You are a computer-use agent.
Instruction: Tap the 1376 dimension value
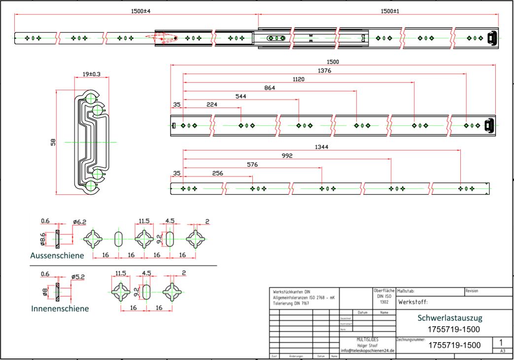tap(325, 71)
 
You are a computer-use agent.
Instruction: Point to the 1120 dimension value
tap(298, 79)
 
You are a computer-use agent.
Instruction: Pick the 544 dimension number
tap(240, 96)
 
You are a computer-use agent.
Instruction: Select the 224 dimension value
tap(212, 105)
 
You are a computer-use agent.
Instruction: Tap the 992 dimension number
tap(287, 156)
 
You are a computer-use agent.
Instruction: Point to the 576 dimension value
tap(252, 164)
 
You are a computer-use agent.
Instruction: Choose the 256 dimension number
tap(217, 173)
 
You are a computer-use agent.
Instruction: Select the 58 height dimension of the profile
tap(53, 142)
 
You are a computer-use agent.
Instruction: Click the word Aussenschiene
tap(57, 255)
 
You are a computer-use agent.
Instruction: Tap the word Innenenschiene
tap(60, 309)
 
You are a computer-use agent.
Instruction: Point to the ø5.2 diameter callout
tap(78, 277)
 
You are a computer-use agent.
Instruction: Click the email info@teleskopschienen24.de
tap(368, 351)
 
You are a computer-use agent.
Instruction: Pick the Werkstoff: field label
tap(412, 302)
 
